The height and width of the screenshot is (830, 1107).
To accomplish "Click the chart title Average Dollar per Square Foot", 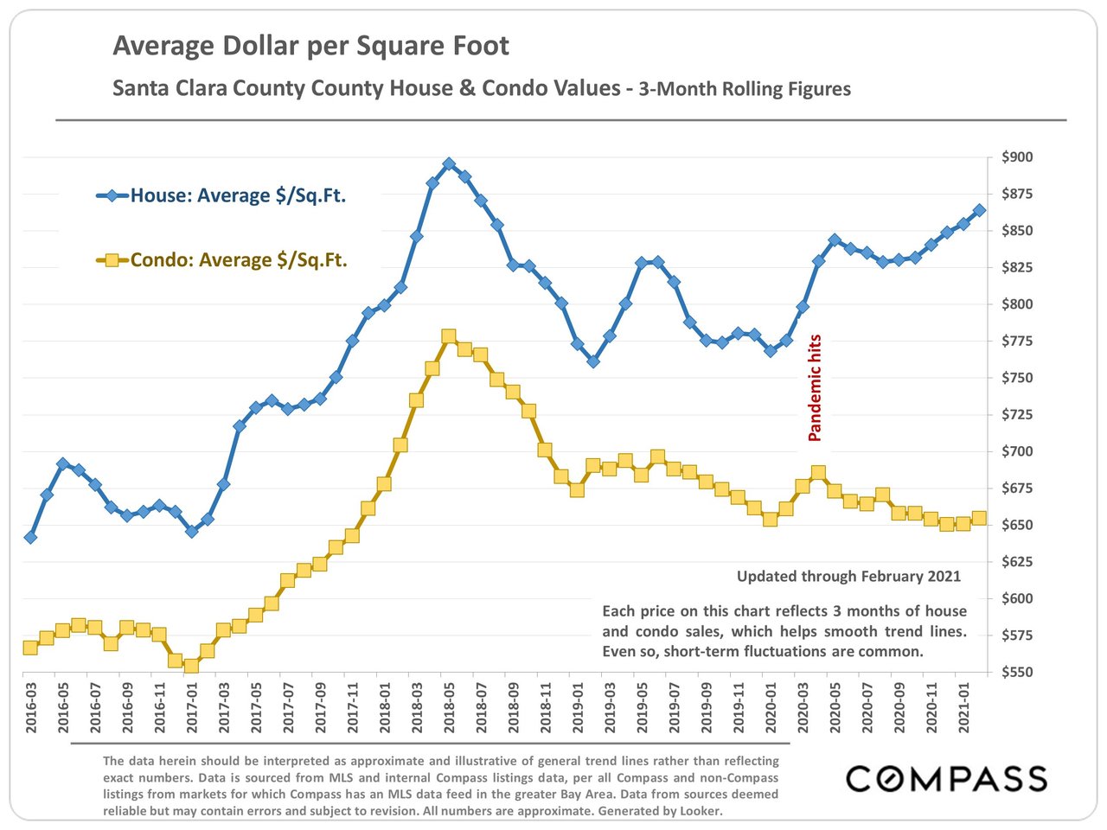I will [x=310, y=46].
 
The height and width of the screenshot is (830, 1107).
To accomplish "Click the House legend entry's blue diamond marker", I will [x=112, y=195].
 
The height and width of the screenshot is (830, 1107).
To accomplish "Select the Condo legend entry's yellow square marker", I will [x=112, y=259].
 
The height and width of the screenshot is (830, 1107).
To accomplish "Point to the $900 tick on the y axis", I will [x=1017, y=157].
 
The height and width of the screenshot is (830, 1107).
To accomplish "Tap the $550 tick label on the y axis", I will [x=1017, y=672].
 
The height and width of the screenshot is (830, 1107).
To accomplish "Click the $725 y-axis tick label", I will [x=1017, y=415].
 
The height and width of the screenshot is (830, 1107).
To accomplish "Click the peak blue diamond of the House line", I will [x=448, y=163].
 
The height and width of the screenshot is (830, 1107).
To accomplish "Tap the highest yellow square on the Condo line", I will [x=448, y=336].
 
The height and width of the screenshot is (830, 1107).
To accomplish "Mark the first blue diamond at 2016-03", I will [x=30, y=537].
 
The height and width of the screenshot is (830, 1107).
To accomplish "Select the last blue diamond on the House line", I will [x=979, y=210].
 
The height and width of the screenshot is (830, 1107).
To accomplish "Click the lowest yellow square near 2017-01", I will [x=191, y=666].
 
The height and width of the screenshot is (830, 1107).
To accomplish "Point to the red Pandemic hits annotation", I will [x=814, y=388].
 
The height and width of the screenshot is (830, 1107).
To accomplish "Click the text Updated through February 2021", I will [x=848, y=577].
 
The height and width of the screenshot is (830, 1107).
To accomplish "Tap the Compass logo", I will [x=946, y=778].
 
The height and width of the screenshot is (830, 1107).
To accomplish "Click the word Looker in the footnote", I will [x=701, y=811].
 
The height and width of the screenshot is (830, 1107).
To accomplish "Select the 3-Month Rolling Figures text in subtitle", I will [x=744, y=89].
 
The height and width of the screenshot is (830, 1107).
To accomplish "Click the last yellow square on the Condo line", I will [x=979, y=519].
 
